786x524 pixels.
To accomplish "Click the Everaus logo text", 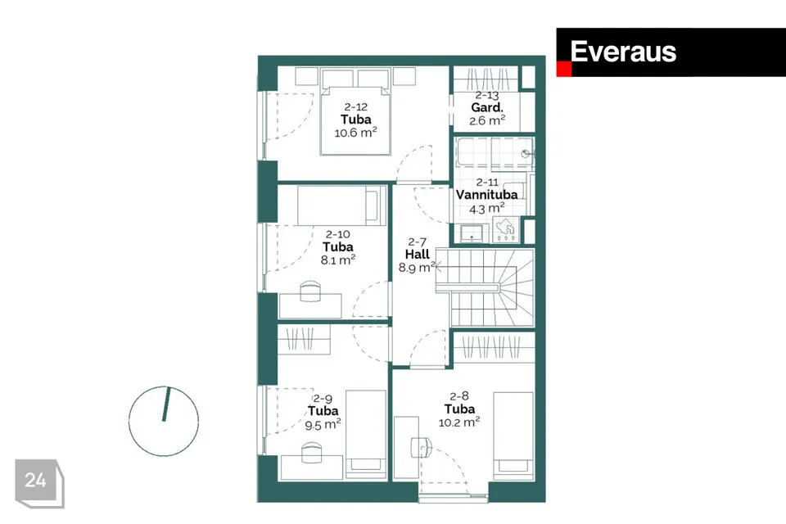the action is tap(623, 52).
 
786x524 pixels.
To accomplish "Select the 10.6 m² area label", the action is tap(355, 133).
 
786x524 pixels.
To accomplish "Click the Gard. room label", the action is tap(486, 107).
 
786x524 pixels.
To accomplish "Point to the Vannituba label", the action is tap(486, 195).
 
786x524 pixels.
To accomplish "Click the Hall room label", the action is tap(417, 255).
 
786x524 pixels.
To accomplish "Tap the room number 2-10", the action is tap(338, 234).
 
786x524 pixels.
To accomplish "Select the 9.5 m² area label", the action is tap(323, 425).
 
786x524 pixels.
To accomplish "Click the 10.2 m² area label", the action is tap(459, 422).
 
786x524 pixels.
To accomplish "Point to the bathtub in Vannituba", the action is tap(495, 152).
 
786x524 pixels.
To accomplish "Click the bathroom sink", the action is tap(472, 233).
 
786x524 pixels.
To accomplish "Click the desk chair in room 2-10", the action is tap(309, 291).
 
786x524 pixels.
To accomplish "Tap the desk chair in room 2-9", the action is tap(311, 453).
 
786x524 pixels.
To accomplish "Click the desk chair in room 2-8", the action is tap(421, 446).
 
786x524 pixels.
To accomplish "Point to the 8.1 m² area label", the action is tap(338, 260).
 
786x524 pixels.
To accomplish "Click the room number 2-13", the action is tap(486, 95).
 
